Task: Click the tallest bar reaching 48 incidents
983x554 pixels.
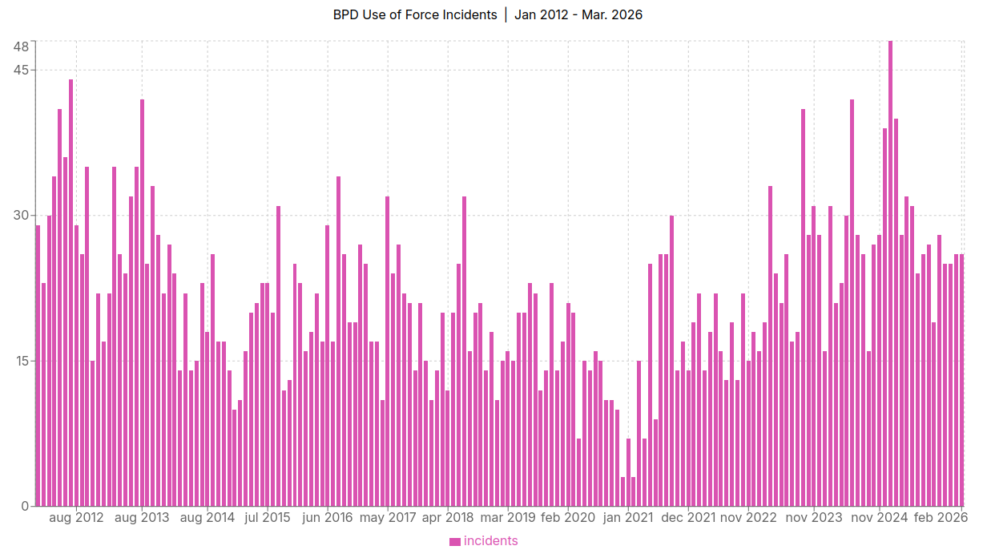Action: (890, 273)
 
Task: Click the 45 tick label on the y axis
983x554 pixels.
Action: (21, 70)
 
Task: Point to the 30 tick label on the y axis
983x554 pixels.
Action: (21, 216)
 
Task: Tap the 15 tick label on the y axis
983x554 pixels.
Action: (21, 361)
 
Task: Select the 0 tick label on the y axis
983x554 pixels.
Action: (26, 506)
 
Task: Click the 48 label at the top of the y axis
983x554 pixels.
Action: (21, 46)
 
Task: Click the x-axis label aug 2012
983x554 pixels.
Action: (76, 518)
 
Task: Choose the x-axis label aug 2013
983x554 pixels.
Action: (142, 518)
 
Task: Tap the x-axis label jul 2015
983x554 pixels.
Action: (267, 518)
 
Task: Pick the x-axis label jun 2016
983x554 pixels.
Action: (328, 518)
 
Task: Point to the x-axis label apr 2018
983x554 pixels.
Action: (448, 518)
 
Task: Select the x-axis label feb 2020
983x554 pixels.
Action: (568, 518)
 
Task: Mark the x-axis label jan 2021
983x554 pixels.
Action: (628, 518)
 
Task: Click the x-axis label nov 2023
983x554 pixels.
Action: (814, 518)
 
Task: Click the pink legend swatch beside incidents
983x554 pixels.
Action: (455, 541)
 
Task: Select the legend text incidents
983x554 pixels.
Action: (490, 541)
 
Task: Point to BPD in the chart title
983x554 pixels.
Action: (346, 15)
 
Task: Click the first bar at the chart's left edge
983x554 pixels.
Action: (38, 366)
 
